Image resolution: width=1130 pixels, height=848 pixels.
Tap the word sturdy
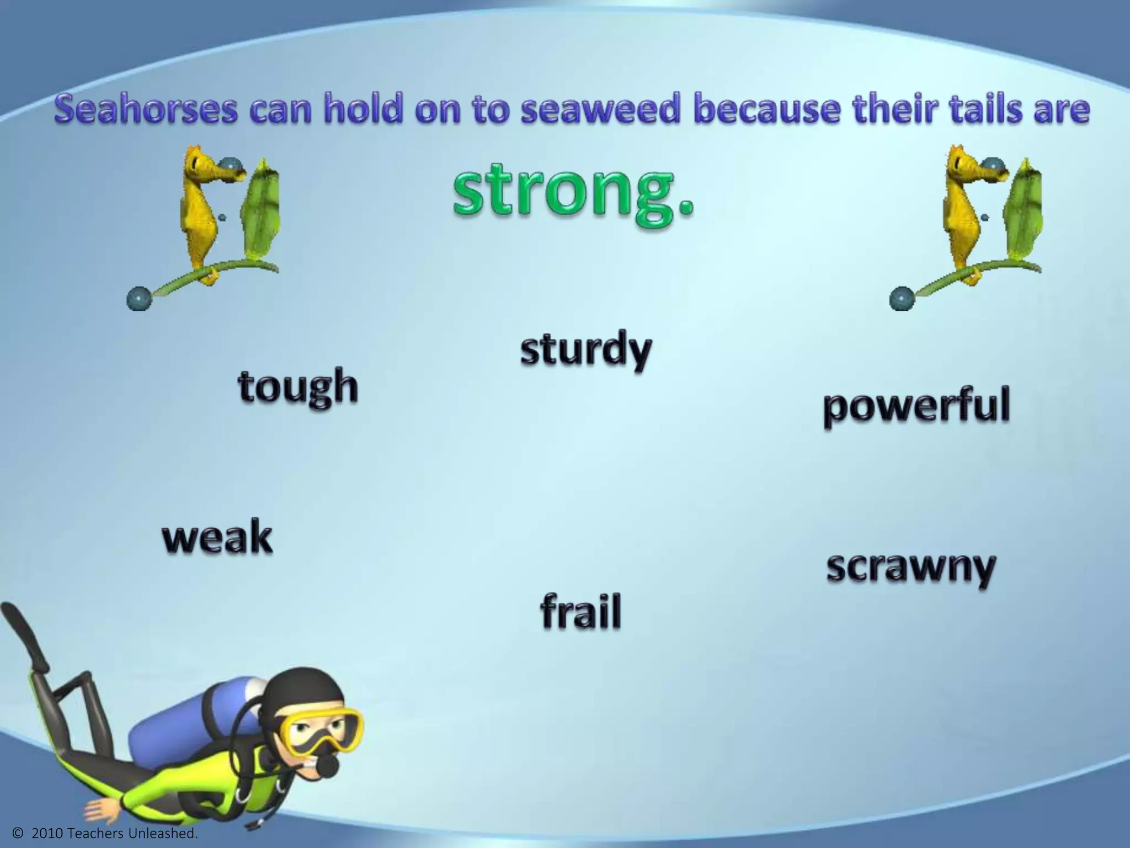click(x=586, y=350)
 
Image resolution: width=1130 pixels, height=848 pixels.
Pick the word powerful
click(x=916, y=407)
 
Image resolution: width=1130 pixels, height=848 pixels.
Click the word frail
click(x=580, y=612)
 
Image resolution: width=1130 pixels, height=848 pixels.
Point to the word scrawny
click(x=911, y=569)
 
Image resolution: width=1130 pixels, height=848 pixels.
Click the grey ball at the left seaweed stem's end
click(x=138, y=299)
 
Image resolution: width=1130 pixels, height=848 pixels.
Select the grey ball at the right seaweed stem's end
click(x=902, y=299)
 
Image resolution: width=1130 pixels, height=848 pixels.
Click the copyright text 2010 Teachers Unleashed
click(x=104, y=834)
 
